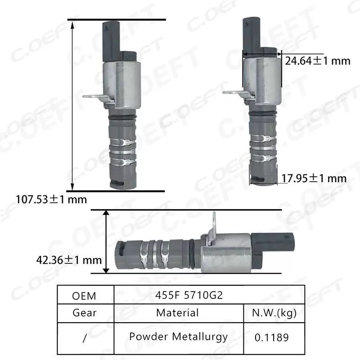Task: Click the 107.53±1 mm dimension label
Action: (51, 198)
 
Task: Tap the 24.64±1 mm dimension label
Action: (317, 61)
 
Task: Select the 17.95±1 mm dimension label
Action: (314, 179)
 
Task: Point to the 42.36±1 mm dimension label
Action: (69, 260)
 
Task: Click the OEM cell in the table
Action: (84, 296)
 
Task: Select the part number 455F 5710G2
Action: (192, 296)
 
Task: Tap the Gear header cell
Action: (84, 312)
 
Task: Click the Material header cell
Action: (177, 312)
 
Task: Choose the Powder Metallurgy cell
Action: (178, 336)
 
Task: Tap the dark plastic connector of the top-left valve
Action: (110, 40)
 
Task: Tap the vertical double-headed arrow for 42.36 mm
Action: (106, 241)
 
